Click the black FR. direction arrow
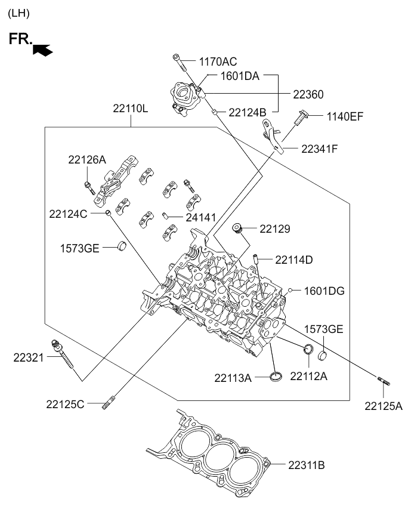click(43, 50)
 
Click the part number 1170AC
click(218, 61)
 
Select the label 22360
click(308, 94)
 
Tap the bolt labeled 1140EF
click(301, 118)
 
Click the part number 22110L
click(130, 109)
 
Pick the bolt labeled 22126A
click(89, 188)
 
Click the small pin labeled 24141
click(165, 215)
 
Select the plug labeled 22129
click(237, 228)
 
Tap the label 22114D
click(294, 260)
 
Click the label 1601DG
click(325, 291)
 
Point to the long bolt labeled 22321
click(62, 354)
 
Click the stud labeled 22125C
click(108, 402)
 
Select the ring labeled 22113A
click(276, 376)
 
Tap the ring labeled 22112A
click(308, 349)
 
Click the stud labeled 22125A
click(384, 381)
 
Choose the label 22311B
click(306, 465)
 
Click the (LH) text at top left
click(18, 13)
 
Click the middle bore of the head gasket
click(220, 456)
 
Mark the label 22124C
click(68, 214)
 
